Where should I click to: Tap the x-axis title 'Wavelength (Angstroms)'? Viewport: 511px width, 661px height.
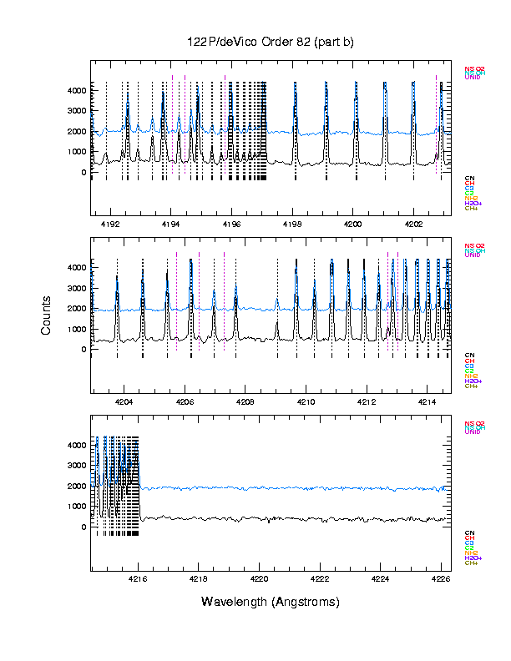270,602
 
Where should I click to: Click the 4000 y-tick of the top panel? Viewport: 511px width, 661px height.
77,90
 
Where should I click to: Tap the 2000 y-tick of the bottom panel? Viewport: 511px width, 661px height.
77,486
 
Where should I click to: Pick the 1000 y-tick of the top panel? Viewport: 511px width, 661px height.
77,152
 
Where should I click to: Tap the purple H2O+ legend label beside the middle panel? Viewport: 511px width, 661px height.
473,381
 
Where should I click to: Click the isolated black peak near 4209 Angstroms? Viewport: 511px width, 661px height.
277,325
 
